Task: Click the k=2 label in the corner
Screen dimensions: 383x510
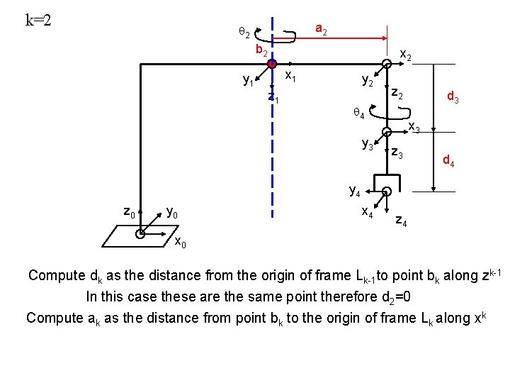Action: pyautogui.click(x=38, y=19)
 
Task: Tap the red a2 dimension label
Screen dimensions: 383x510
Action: pyautogui.click(x=321, y=29)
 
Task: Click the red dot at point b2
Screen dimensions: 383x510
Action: pyautogui.click(x=271, y=64)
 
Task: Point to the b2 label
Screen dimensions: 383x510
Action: pyautogui.click(x=261, y=51)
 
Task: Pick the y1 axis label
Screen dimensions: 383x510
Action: pyautogui.click(x=248, y=82)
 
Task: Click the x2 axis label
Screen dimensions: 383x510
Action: pyautogui.click(x=407, y=54)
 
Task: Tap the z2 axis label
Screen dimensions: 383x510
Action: pyautogui.click(x=398, y=94)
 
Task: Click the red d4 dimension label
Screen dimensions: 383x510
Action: pyautogui.click(x=449, y=162)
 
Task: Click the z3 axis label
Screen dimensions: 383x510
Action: pyautogui.click(x=397, y=155)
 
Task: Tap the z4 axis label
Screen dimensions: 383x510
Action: pyautogui.click(x=400, y=221)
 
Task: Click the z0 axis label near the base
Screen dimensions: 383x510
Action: pyautogui.click(x=130, y=211)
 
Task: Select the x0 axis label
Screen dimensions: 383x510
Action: pyautogui.click(x=181, y=245)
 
